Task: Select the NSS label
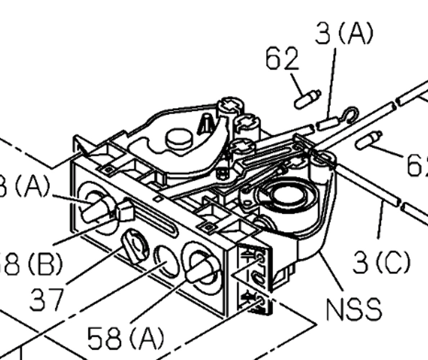tap(353, 309)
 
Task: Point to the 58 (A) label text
tap(126, 338)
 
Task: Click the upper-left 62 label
tap(282, 59)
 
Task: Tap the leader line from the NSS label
tap(333, 274)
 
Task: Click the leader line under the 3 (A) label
tap(332, 83)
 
